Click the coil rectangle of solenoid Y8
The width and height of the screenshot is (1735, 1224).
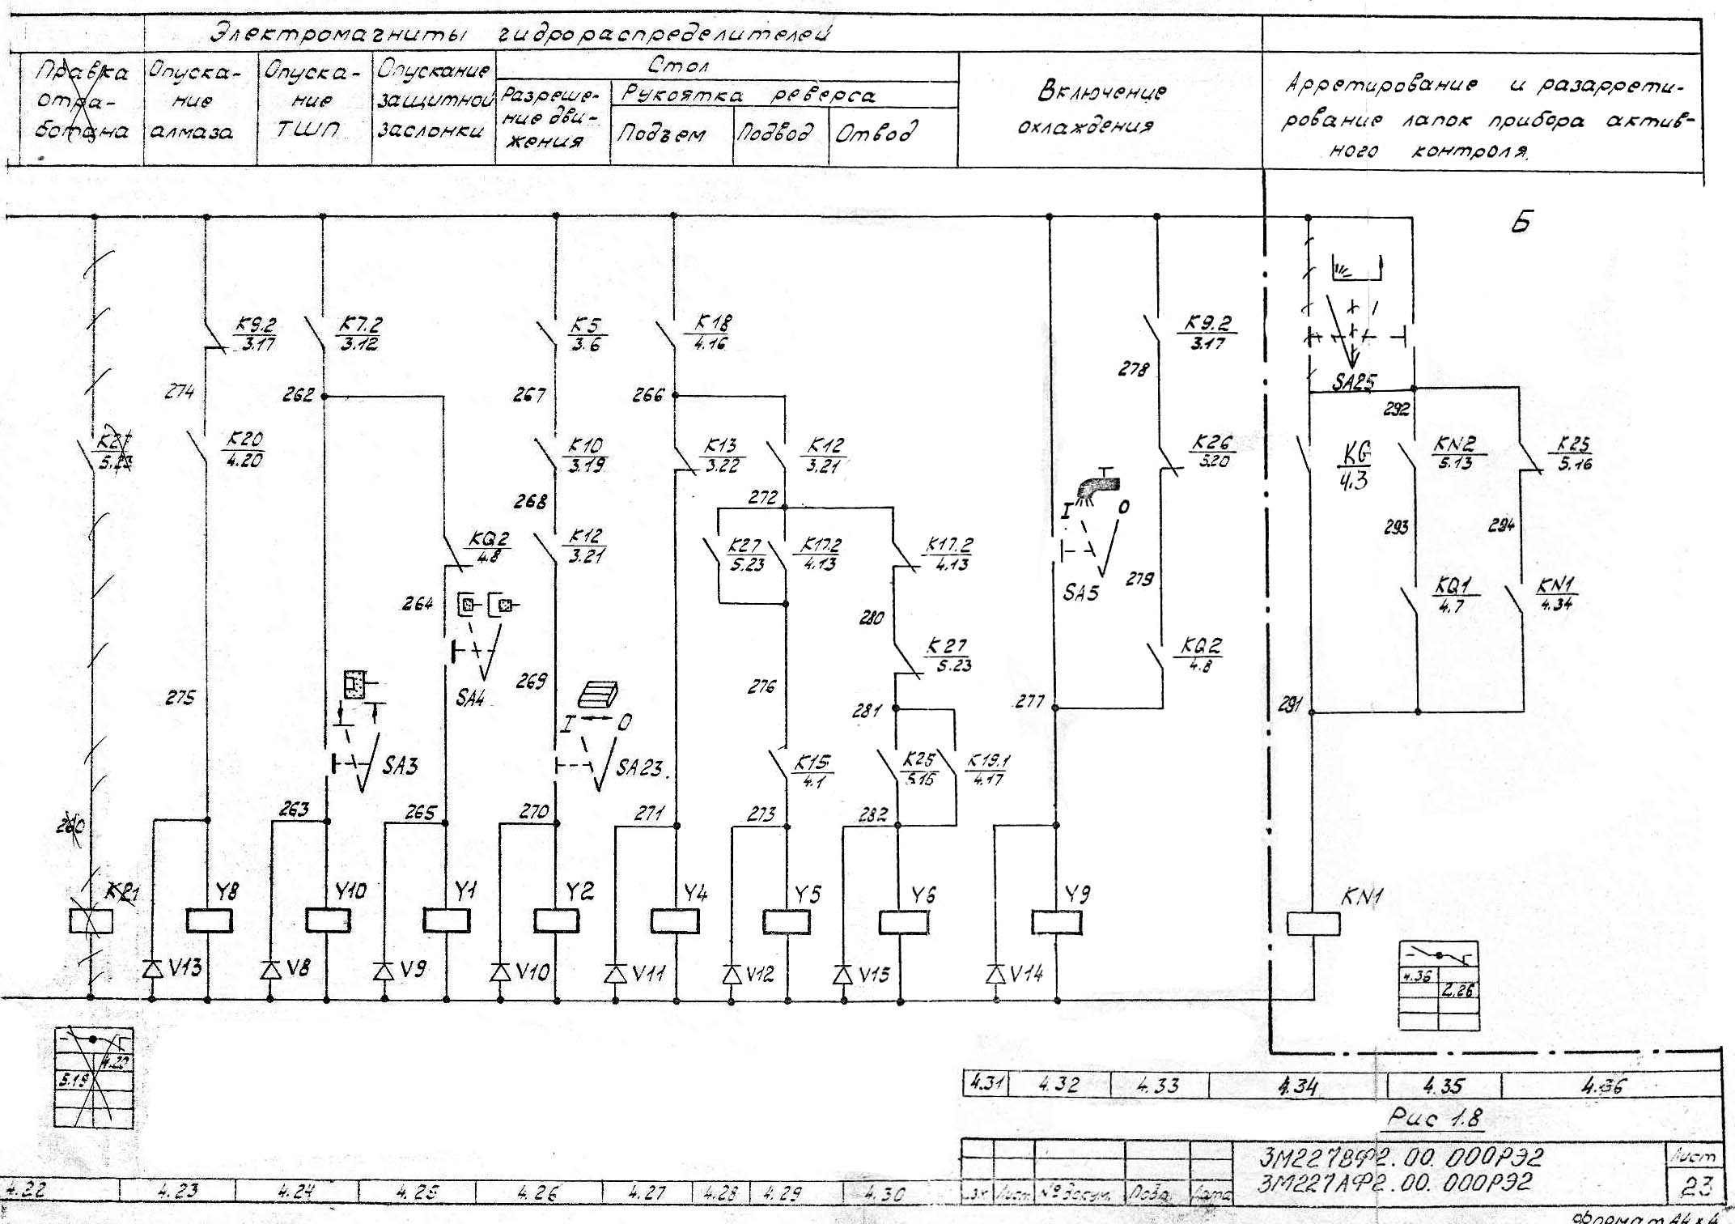click(209, 920)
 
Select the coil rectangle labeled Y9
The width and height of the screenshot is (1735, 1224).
click(1057, 922)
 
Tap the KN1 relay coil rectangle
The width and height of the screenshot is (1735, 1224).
click(1313, 924)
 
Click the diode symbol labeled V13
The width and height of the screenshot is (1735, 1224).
click(152, 968)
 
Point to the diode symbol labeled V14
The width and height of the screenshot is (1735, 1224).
click(996, 973)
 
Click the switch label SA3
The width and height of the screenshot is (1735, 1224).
click(401, 765)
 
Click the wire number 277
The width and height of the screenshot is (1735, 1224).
click(1029, 701)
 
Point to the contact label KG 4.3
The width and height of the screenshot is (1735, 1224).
click(1355, 466)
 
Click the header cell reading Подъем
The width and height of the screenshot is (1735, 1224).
click(661, 134)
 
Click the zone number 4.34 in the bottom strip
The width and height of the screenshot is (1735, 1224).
click(1297, 1086)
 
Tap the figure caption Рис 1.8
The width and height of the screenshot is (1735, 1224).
click(1435, 1118)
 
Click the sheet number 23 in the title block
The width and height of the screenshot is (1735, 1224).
click(1697, 1186)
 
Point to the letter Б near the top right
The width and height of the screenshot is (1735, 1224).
click(1521, 223)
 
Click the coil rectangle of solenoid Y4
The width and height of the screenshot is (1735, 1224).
click(674, 920)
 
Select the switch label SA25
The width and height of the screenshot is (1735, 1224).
click(1354, 381)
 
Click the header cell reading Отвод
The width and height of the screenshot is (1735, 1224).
click(876, 133)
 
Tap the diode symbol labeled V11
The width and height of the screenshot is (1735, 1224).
click(616, 973)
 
